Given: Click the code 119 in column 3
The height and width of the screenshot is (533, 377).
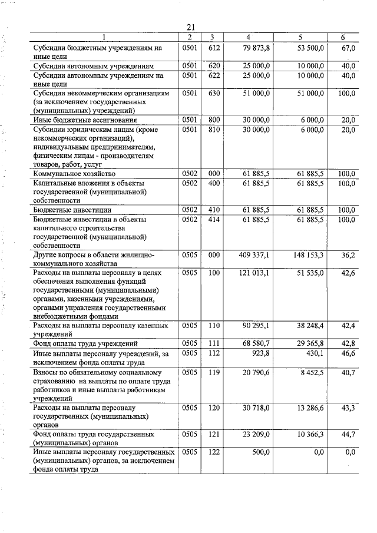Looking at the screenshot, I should click(x=214, y=372).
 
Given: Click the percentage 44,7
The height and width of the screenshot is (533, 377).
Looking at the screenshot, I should click(x=348, y=434).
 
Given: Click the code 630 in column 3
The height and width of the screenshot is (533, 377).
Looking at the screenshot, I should click(x=214, y=93).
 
